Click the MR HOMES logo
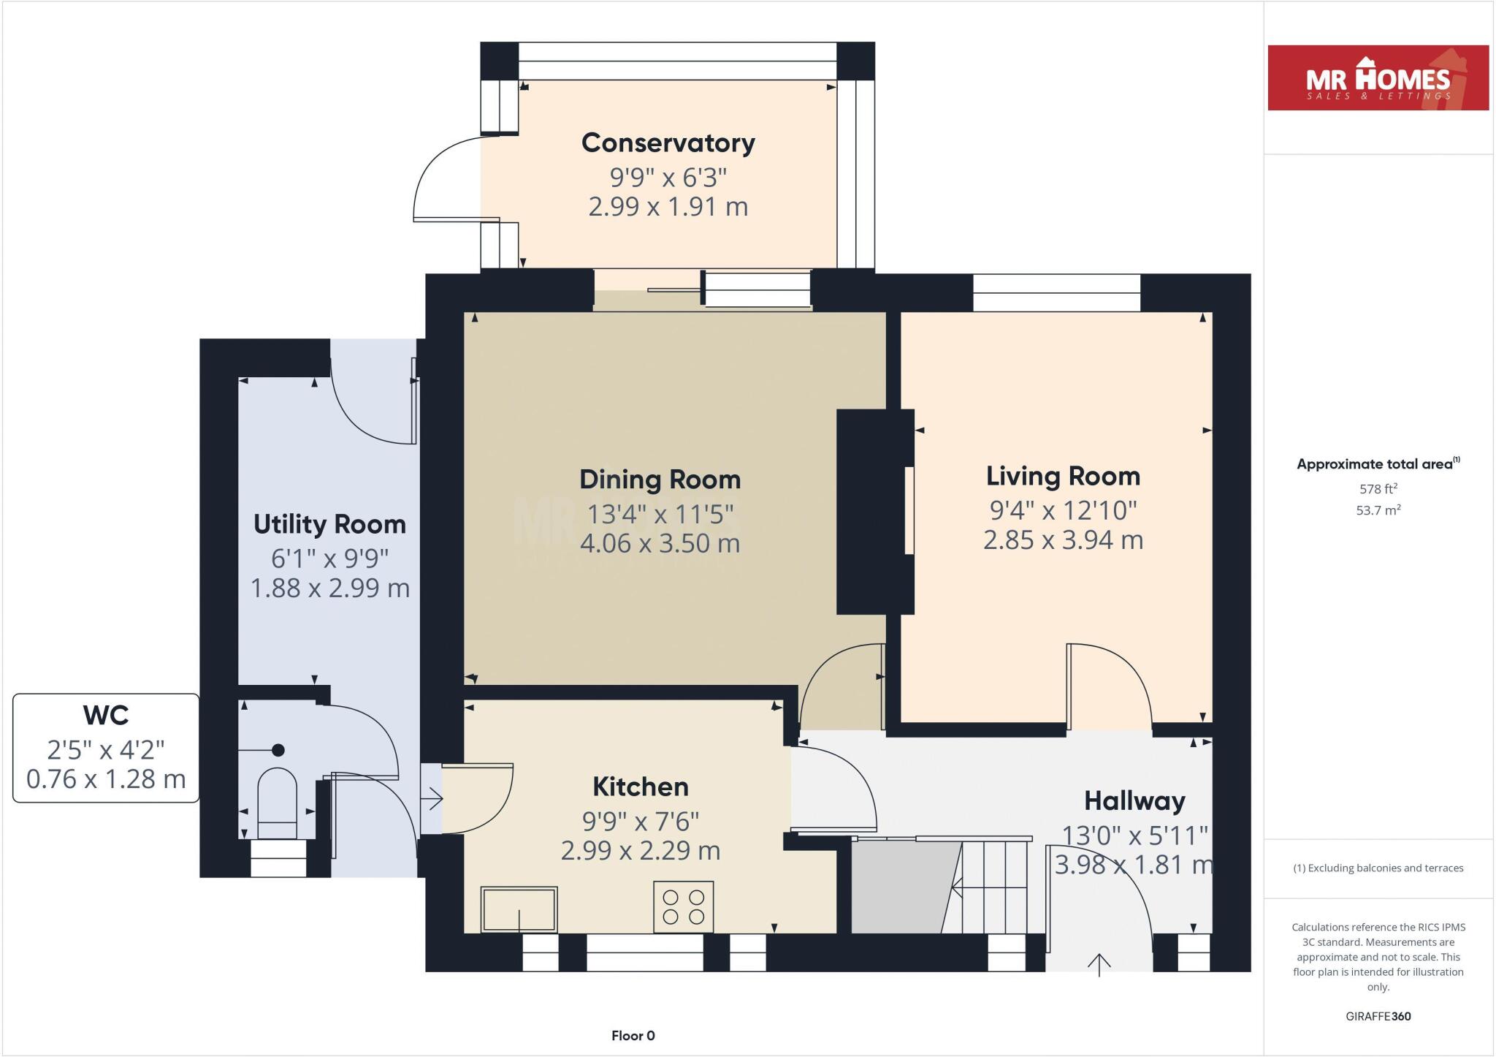[x=1378, y=78]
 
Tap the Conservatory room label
[x=668, y=143]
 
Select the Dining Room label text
[x=660, y=480]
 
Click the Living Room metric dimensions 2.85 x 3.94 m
[x=1062, y=540]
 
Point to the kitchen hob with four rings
[x=683, y=906]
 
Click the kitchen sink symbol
[x=519, y=909]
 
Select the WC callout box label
[x=106, y=716]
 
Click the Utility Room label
[x=329, y=524]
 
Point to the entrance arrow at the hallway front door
[x=1099, y=965]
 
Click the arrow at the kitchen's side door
[x=432, y=798]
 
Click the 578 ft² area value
[x=1378, y=489]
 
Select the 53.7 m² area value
[x=1378, y=510]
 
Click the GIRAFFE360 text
[x=1378, y=1016]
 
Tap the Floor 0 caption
[x=633, y=1035]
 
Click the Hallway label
[x=1134, y=801]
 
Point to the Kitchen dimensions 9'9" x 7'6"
[x=641, y=822]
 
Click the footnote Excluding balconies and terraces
[x=1378, y=868]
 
